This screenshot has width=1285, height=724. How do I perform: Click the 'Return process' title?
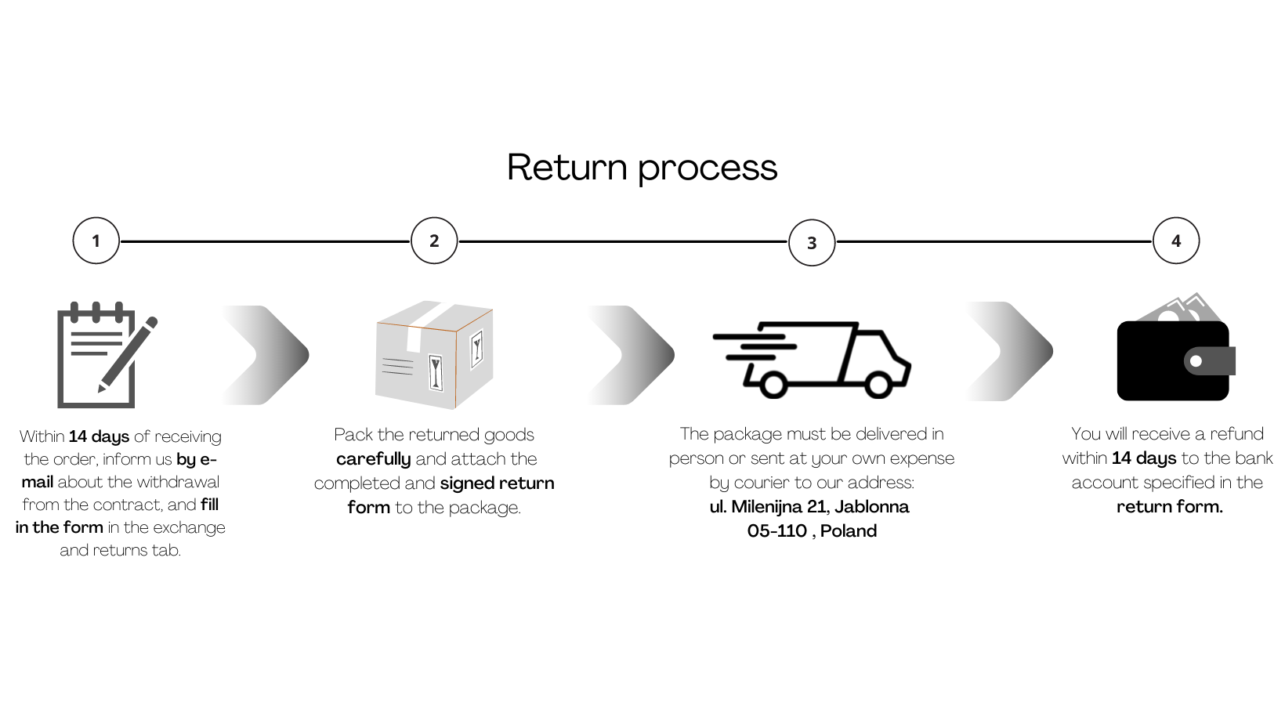[x=642, y=168]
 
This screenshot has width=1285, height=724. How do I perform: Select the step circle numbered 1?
[x=96, y=241]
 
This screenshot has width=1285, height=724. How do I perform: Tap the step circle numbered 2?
[x=434, y=241]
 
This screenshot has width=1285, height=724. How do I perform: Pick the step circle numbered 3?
[x=812, y=243]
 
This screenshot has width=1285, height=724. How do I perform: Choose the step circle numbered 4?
[x=1176, y=241]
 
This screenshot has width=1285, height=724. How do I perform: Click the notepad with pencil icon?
[x=102, y=355]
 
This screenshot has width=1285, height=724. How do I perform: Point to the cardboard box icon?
[x=434, y=355]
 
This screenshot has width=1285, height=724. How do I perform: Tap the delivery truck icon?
[x=812, y=359]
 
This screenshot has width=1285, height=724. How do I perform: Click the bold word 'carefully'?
[x=373, y=459]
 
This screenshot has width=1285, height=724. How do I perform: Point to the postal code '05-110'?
[x=776, y=531]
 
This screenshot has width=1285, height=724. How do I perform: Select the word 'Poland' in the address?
[x=849, y=531]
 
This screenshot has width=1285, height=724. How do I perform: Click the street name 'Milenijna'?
[x=766, y=507]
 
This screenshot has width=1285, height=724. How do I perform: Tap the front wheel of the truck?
[x=878, y=385]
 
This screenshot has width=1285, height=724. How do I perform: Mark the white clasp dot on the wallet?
[x=1196, y=361]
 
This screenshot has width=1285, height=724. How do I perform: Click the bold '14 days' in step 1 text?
[x=99, y=436]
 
